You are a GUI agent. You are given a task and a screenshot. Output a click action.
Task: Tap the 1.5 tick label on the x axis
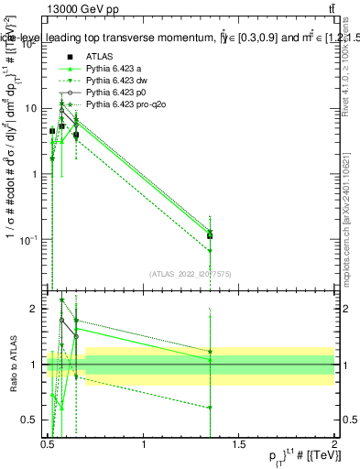click(x=240, y=445)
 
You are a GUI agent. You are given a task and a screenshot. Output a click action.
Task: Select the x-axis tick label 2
click(x=335, y=445)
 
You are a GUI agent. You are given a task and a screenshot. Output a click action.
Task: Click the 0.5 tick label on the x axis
click(x=48, y=445)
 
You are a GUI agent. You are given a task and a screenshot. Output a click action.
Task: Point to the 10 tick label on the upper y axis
click(x=29, y=108)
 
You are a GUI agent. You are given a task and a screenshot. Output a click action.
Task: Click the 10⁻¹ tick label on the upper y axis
click(x=27, y=240)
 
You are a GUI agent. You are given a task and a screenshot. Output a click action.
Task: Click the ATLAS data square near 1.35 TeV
click(x=211, y=235)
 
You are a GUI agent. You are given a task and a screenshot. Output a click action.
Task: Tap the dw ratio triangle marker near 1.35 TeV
click(x=211, y=408)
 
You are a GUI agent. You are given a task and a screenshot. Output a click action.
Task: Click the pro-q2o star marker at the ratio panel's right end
click(x=211, y=352)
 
